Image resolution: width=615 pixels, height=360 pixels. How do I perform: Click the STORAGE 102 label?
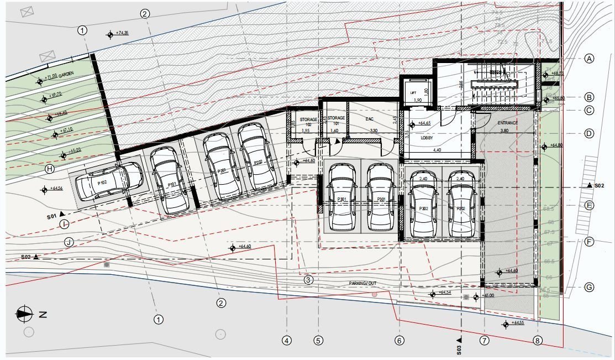[308, 122]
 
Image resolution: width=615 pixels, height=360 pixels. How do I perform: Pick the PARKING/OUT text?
[362, 283]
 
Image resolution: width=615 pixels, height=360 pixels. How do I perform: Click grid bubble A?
[589, 59]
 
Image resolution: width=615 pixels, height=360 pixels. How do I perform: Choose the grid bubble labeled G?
[589, 288]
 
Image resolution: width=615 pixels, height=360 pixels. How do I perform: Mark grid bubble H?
[50, 169]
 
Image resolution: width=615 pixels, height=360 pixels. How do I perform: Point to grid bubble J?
[69, 242]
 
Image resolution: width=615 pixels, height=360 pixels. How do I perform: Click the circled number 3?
[308, 280]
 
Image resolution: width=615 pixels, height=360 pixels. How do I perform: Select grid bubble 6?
[400, 341]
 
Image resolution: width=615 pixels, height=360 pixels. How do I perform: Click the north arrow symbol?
[24, 314]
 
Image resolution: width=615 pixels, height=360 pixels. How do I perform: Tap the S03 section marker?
[459, 344]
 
